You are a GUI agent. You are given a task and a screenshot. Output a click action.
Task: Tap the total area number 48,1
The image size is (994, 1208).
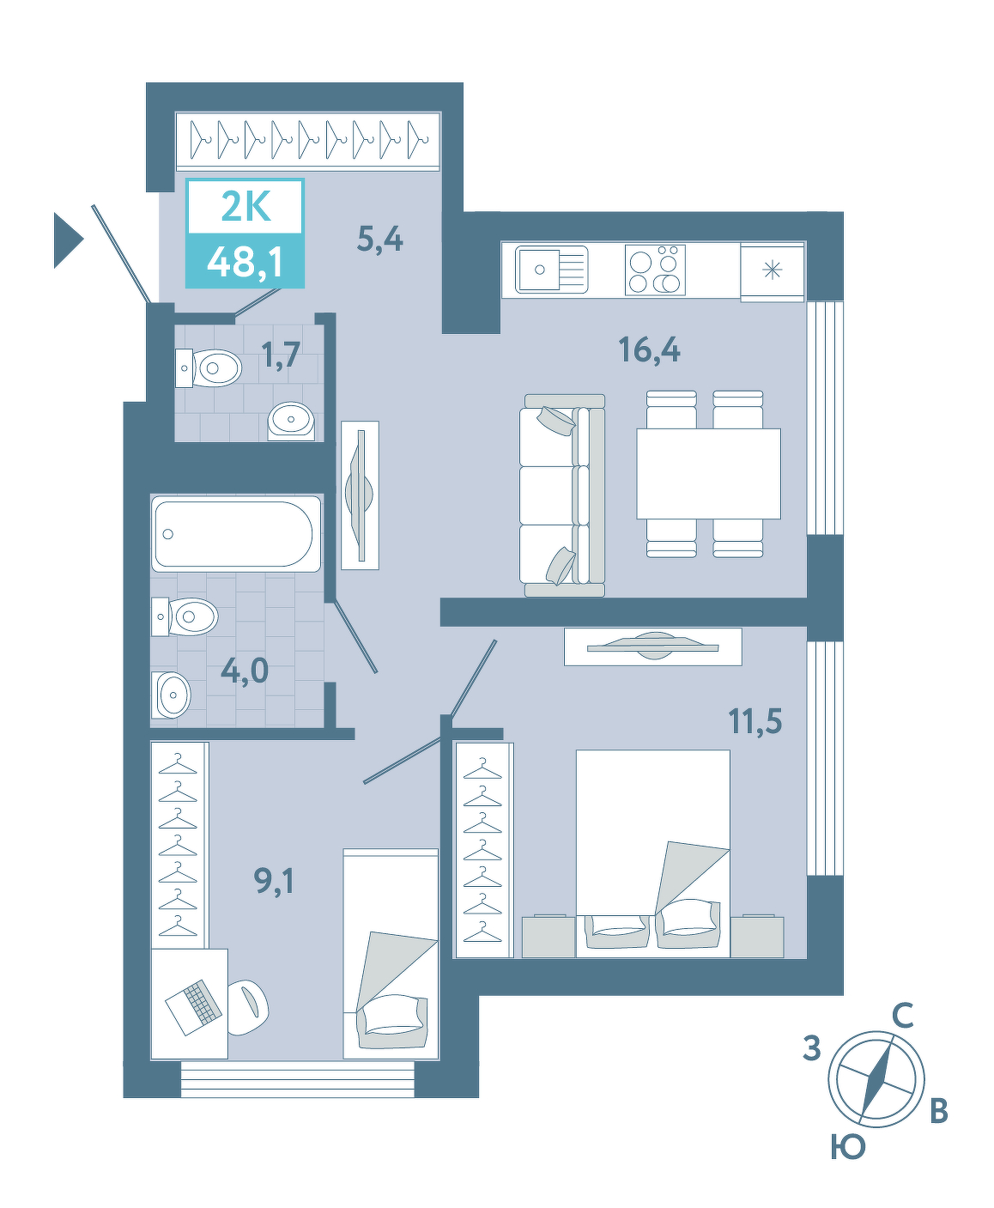(x=245, y=263)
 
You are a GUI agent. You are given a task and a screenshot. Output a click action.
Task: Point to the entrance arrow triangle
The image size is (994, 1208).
(x=69, y=240)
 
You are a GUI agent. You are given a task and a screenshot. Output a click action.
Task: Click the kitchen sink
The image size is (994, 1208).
(x=551, y=269)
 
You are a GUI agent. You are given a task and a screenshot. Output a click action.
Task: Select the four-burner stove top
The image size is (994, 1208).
(x=655, y=270)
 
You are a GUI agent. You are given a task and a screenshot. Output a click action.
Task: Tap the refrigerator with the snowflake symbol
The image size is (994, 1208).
(x=773, y=271)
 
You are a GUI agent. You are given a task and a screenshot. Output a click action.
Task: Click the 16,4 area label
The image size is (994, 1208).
(x=649, y=349)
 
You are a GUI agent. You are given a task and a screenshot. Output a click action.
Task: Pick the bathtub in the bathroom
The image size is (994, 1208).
(x=236, y=534)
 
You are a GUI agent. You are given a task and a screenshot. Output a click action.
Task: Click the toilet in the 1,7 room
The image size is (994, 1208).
(x=209, y=368)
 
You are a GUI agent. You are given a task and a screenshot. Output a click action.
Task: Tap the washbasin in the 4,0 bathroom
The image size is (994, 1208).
(x=171, y=695)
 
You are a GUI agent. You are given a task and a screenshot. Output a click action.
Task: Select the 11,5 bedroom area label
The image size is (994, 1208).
(x=755, y=720)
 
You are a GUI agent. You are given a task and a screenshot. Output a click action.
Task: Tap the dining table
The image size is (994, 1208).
(x=708, y=474)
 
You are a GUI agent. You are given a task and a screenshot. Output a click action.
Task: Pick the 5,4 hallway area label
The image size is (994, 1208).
(x=379, y=239)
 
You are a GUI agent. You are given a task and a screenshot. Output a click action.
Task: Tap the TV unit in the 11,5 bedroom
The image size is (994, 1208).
(x=652, y=646)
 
